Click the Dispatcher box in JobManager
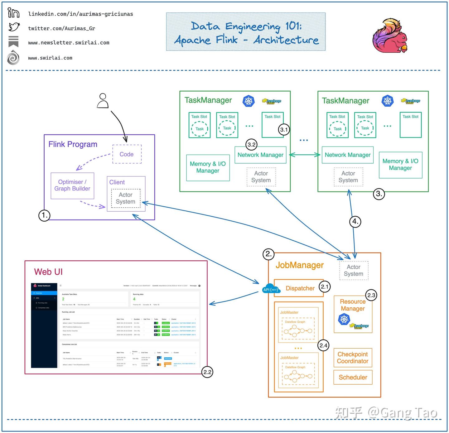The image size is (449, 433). [x=299, y=288]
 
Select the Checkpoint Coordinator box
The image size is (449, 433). [x=353, y=358]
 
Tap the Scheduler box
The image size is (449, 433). [x=353, y=378]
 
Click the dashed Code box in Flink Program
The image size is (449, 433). [x=127, y=154]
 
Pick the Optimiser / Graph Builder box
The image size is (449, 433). [x=72, y=185]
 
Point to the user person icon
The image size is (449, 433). [x=103, y=101]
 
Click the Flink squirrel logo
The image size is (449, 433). [x=390, y=35]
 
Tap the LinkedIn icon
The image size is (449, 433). [x=13, y=13]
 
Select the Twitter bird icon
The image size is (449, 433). [x=14, y=27]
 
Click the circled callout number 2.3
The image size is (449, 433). [x=371, y=296]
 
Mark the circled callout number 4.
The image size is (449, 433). [x=355, y=222]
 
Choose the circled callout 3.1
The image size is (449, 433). [x=284, y=130]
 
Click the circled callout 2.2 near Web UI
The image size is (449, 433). [x=207, y=372]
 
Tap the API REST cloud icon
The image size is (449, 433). [x=271, y=289]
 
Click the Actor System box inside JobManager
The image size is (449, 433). [x=354, y=270]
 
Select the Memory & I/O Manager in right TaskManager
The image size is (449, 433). [x=400, y=165]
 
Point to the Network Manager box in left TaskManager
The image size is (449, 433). [x=260, y=155]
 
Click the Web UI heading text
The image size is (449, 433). [x=48, y=272]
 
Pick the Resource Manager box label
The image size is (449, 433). [x=353, y=305]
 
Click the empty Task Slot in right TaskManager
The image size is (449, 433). [x=411, y=126]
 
